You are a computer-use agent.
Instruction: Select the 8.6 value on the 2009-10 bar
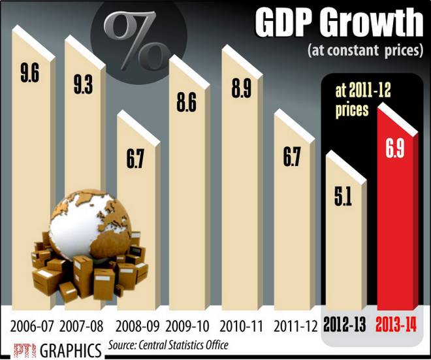coord(187,103)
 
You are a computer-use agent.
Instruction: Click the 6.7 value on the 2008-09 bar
coord(135,157)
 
